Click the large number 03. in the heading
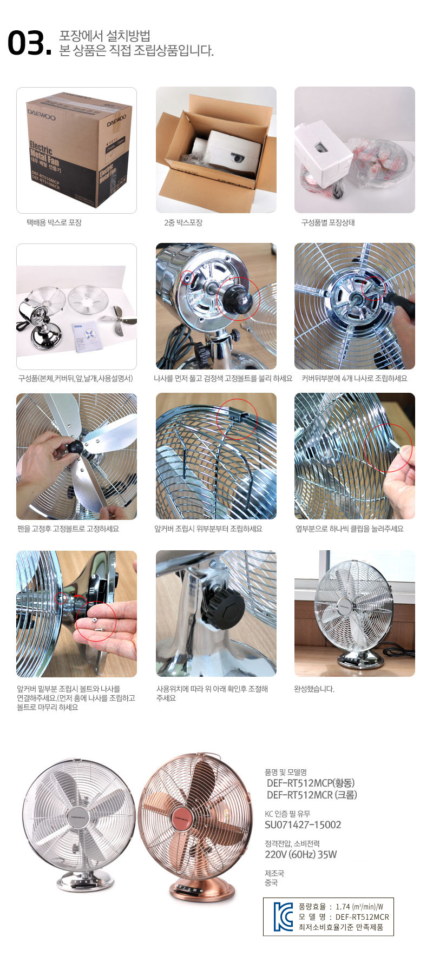(30, 43)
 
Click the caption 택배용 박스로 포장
(54, 222)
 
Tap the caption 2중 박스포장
(183, 222)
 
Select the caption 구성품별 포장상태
(328, 222)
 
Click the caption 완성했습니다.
(314, 689)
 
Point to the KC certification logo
(283, 916)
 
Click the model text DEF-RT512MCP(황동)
(311, 783)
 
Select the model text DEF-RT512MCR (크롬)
(312, 795)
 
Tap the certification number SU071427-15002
(303, 825)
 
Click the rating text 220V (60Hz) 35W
(300, 854)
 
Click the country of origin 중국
(271, 882)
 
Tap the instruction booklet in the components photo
(86, 336)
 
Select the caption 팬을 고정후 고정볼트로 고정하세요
(68, 529)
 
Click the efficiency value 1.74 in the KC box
(343, 907)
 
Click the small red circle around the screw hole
(187, 278)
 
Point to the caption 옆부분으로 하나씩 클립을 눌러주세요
(349, 529)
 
